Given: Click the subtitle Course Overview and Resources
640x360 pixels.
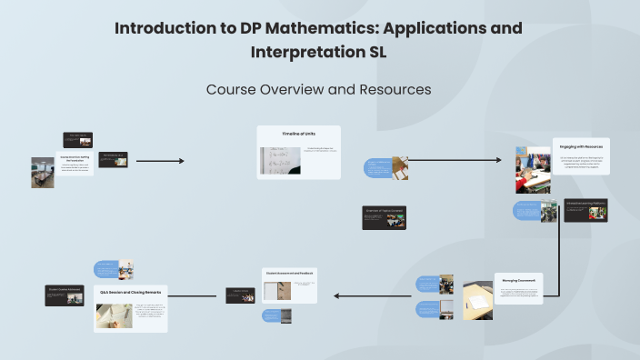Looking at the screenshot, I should click(x=318, y=89).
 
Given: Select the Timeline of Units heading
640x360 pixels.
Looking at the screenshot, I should click(x=298, y=135).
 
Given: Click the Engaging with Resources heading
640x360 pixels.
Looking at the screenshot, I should click(x=581, y=146).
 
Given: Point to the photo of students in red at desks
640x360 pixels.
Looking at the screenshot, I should click(x=533, y=170).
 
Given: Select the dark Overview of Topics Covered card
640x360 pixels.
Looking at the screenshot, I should click(x=384, y=217).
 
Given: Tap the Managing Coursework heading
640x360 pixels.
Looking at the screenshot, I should click(x=518, y=280).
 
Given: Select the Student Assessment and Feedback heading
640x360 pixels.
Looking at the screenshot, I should click(x=290, y=272).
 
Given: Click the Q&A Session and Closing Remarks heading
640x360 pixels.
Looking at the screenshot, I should click(x=130, y=293).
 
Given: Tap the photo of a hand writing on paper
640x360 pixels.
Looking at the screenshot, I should click(x=114, y=315).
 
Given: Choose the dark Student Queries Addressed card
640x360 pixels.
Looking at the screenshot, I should click(x=65, y=295).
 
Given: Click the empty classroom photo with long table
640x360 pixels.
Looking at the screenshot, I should click(x=43, y=172).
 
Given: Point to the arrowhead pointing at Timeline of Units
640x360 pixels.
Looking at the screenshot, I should click(x=181, y=161).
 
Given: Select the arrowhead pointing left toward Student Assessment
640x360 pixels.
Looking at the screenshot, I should click(x=336, y=295).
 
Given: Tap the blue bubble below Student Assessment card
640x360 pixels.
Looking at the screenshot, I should click(x=271, y=315).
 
